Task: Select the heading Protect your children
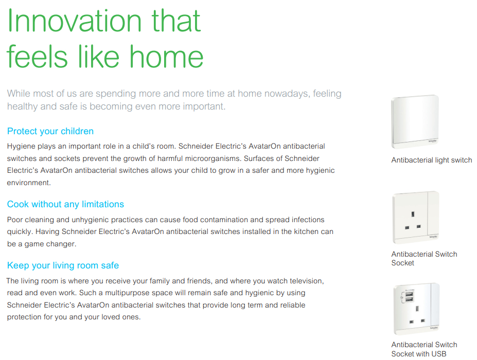[x=50, y=131]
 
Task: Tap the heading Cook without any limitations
[x=65, y=204]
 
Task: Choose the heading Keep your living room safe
[x=63, y=265]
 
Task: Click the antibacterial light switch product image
[x=415, y=121]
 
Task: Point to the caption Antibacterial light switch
[x=432, y=160]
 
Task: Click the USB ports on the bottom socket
[x=409, y=296]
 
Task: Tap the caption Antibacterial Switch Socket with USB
[x=425, y=349]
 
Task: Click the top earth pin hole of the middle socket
[x=413, y=214]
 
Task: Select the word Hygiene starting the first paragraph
[x=21, y=146]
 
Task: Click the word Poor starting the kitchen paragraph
[x=15, y=220]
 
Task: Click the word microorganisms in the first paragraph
[x=213, y=158]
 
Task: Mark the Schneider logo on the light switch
[x=433, y=141]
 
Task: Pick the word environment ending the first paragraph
[x=29, y=183]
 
